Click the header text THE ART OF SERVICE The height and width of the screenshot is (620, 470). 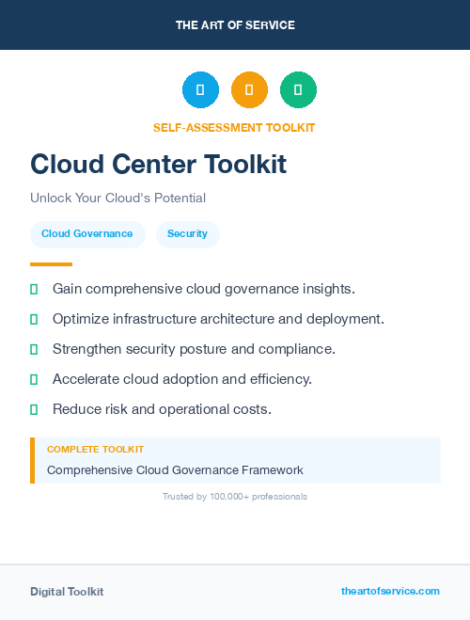[235, 25]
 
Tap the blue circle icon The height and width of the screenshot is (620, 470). [200, 90]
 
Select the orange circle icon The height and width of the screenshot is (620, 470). [249, 90]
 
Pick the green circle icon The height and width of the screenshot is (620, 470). [298, 90]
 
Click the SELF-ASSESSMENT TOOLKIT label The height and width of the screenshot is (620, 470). [234, 127]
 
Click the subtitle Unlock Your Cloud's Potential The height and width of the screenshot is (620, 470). [117, 198]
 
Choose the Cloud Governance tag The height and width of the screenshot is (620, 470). [87, 234]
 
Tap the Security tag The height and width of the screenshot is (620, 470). [187, 234]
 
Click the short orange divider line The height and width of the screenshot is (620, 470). [51, 264]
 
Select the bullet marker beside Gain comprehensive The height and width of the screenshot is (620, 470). [34, 289]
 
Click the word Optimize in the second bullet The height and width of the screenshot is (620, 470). [81, 319]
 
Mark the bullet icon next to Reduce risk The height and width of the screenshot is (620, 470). [34, 409]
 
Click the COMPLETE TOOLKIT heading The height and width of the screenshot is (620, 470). [95, 450]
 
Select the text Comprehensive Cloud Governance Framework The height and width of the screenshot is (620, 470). [175, 469]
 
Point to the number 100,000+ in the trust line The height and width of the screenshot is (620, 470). [229, 496]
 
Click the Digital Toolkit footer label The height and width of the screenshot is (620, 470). [67, 592]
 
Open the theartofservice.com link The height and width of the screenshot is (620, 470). [390, 591]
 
